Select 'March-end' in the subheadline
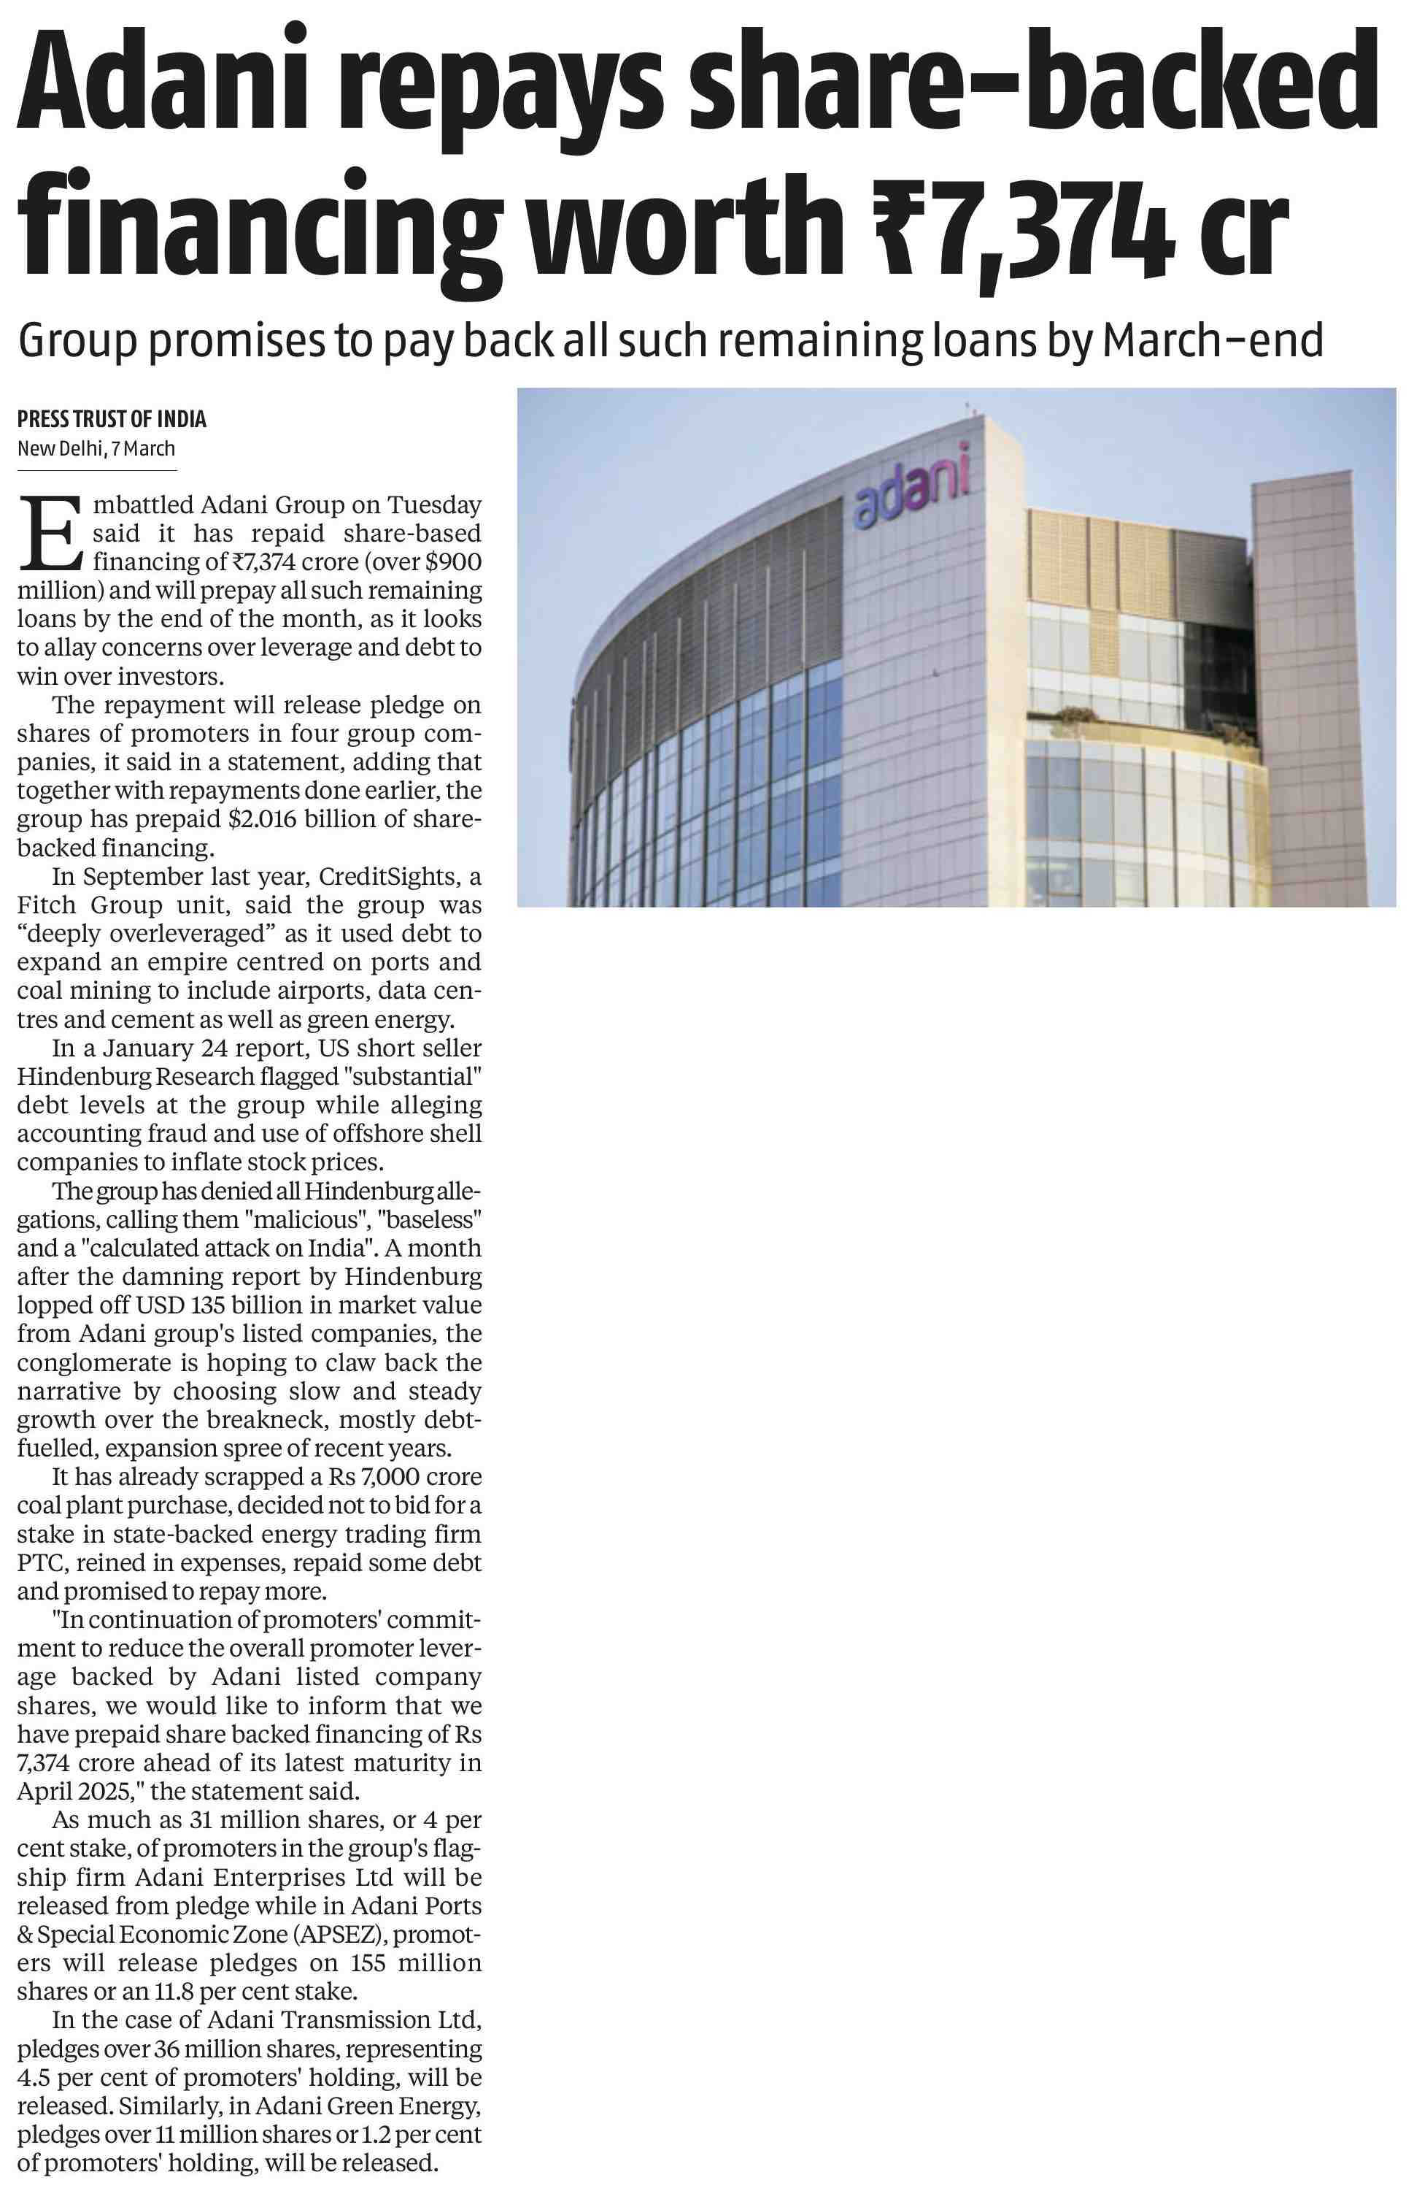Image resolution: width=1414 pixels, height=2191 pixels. click(x=1212, y=340)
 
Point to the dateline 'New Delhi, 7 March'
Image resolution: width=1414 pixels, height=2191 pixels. click(x=96, y=448)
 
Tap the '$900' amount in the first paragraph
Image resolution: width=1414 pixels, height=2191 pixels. click(x=452, y=561)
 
